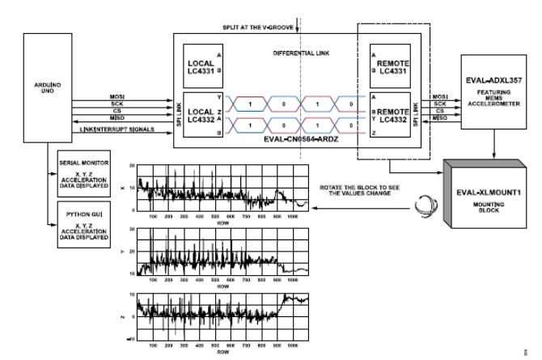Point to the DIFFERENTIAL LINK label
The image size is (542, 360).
tap(299, 55)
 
